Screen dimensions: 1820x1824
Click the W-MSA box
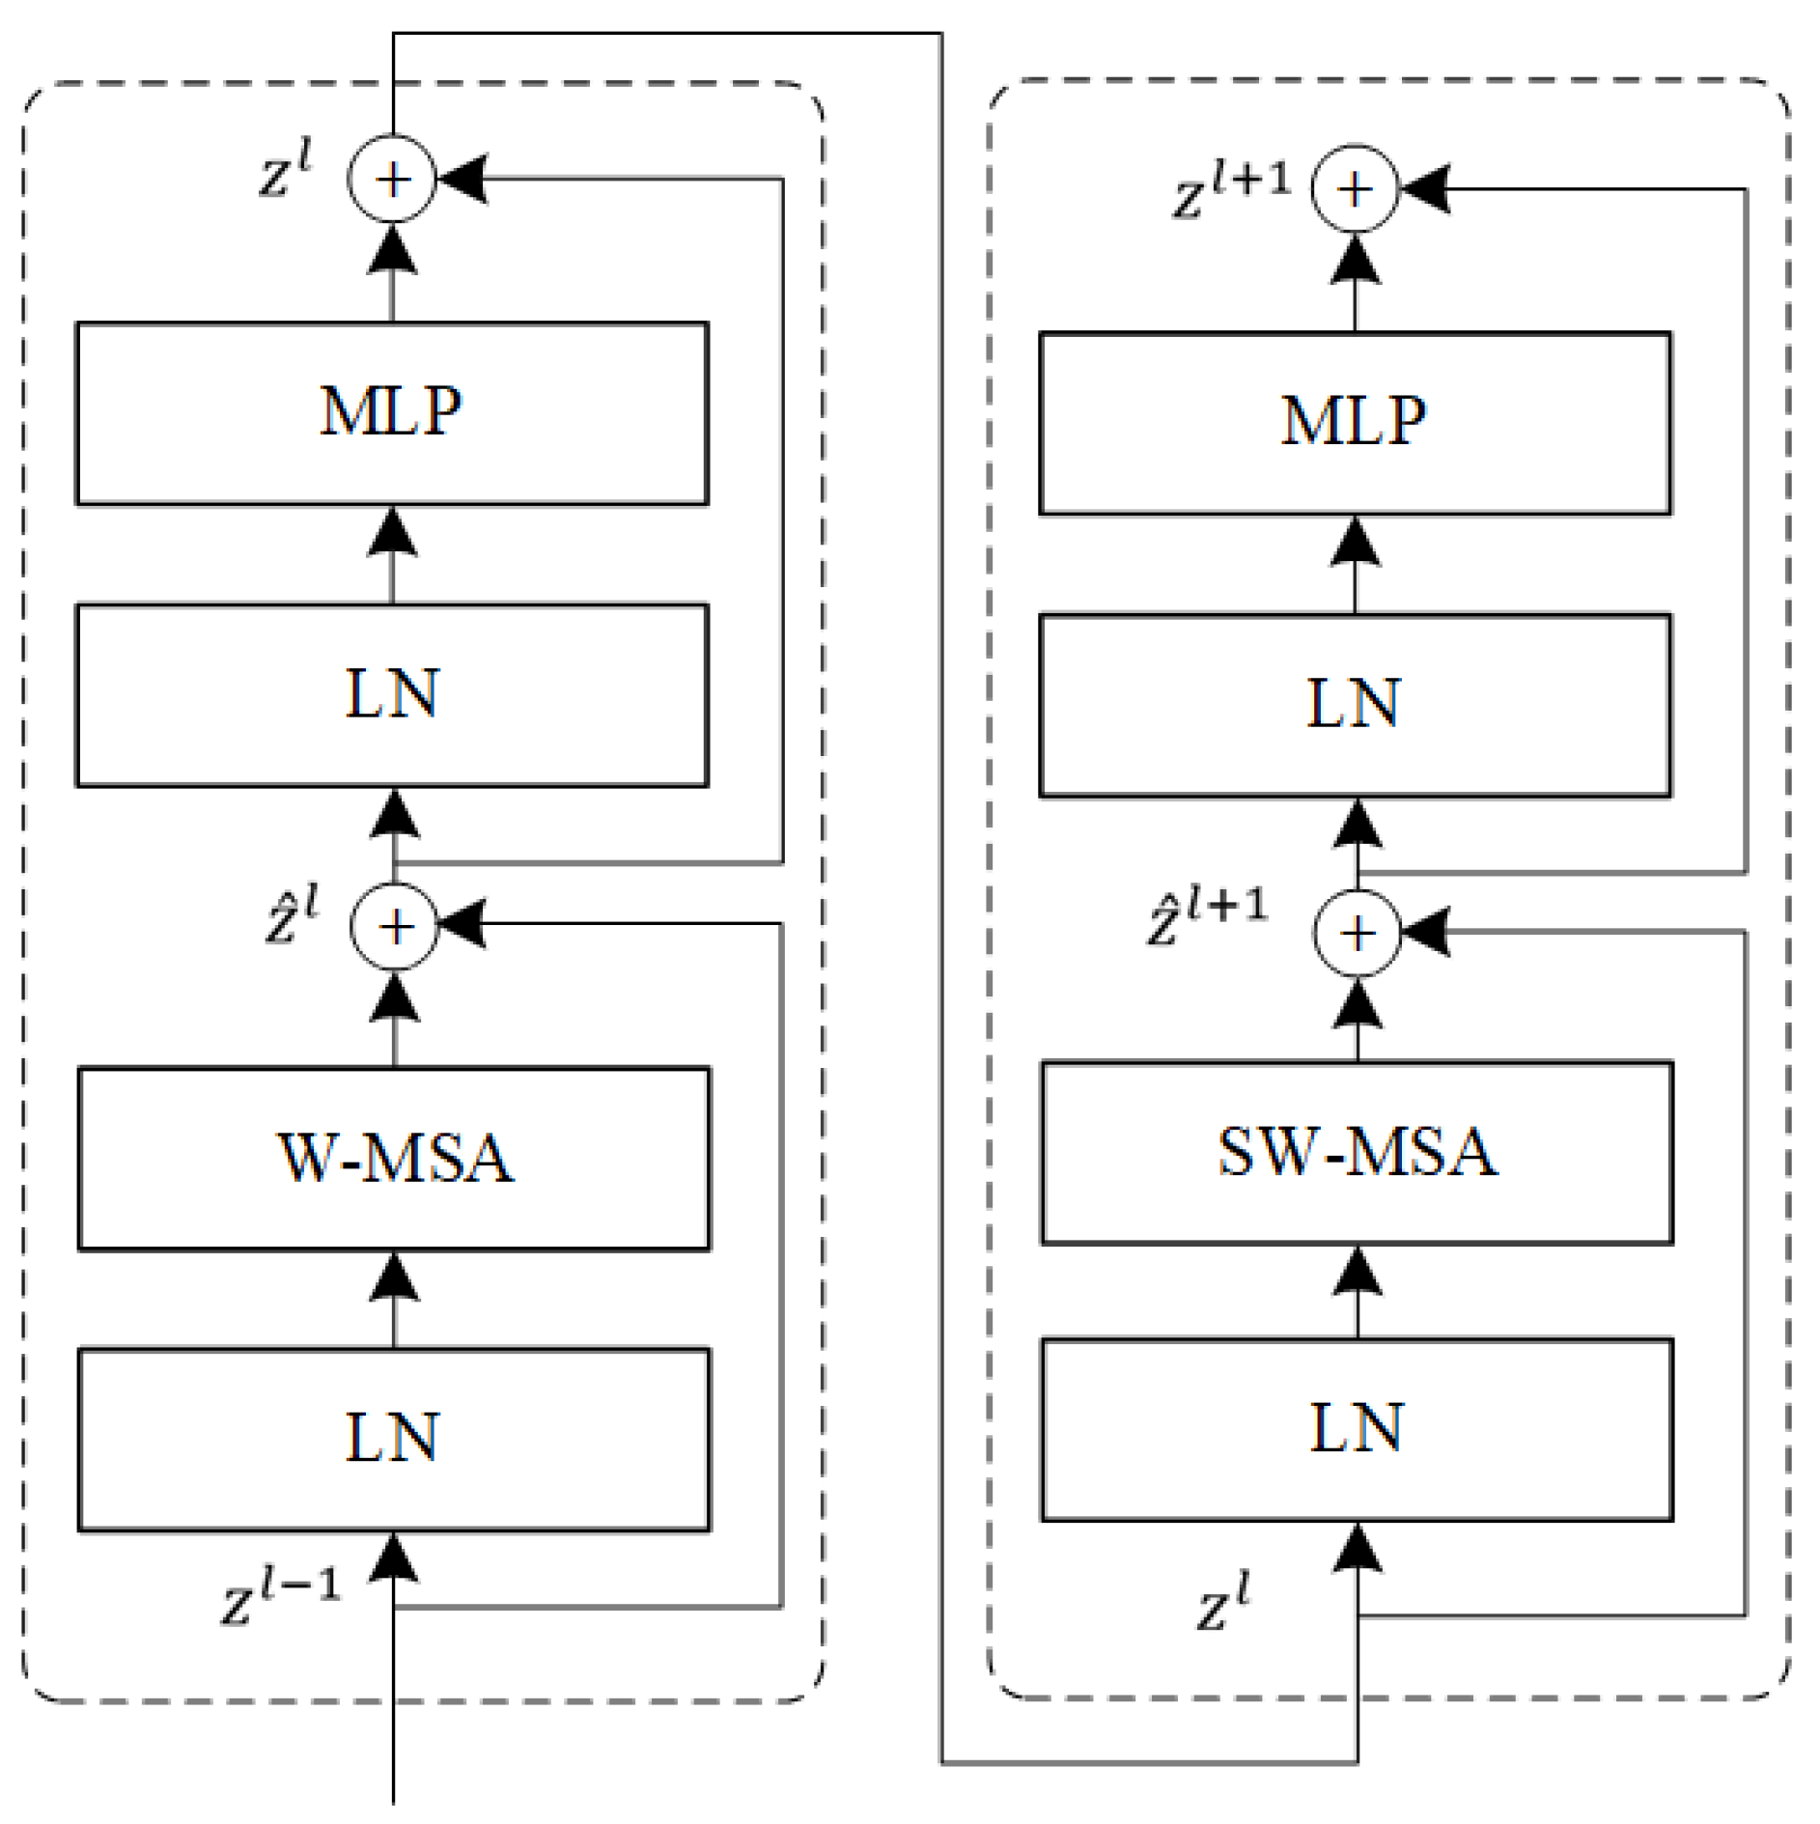tap(394, 1158)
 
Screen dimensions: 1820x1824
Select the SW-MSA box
tap(1357, 1153)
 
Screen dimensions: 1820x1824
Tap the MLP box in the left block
tap(392, 413)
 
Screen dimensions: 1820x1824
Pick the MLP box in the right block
tap(1355, 423)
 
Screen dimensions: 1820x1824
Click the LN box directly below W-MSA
tap(394, 1439)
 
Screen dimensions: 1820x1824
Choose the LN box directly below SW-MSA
tap(1357, 1429)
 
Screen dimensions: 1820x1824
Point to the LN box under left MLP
tap(392, 695)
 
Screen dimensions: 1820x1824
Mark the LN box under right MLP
tap(1355, 705)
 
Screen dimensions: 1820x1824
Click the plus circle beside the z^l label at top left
tap(392, 179)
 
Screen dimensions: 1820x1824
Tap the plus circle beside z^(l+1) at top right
tap(1355, 188)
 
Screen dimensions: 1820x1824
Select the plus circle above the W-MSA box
tap(395, 926)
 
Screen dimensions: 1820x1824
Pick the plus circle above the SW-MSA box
tap(1358, 934)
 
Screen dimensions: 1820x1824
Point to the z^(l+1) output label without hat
tap(1232, 190)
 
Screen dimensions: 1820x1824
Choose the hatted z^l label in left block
tap(292, 913)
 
